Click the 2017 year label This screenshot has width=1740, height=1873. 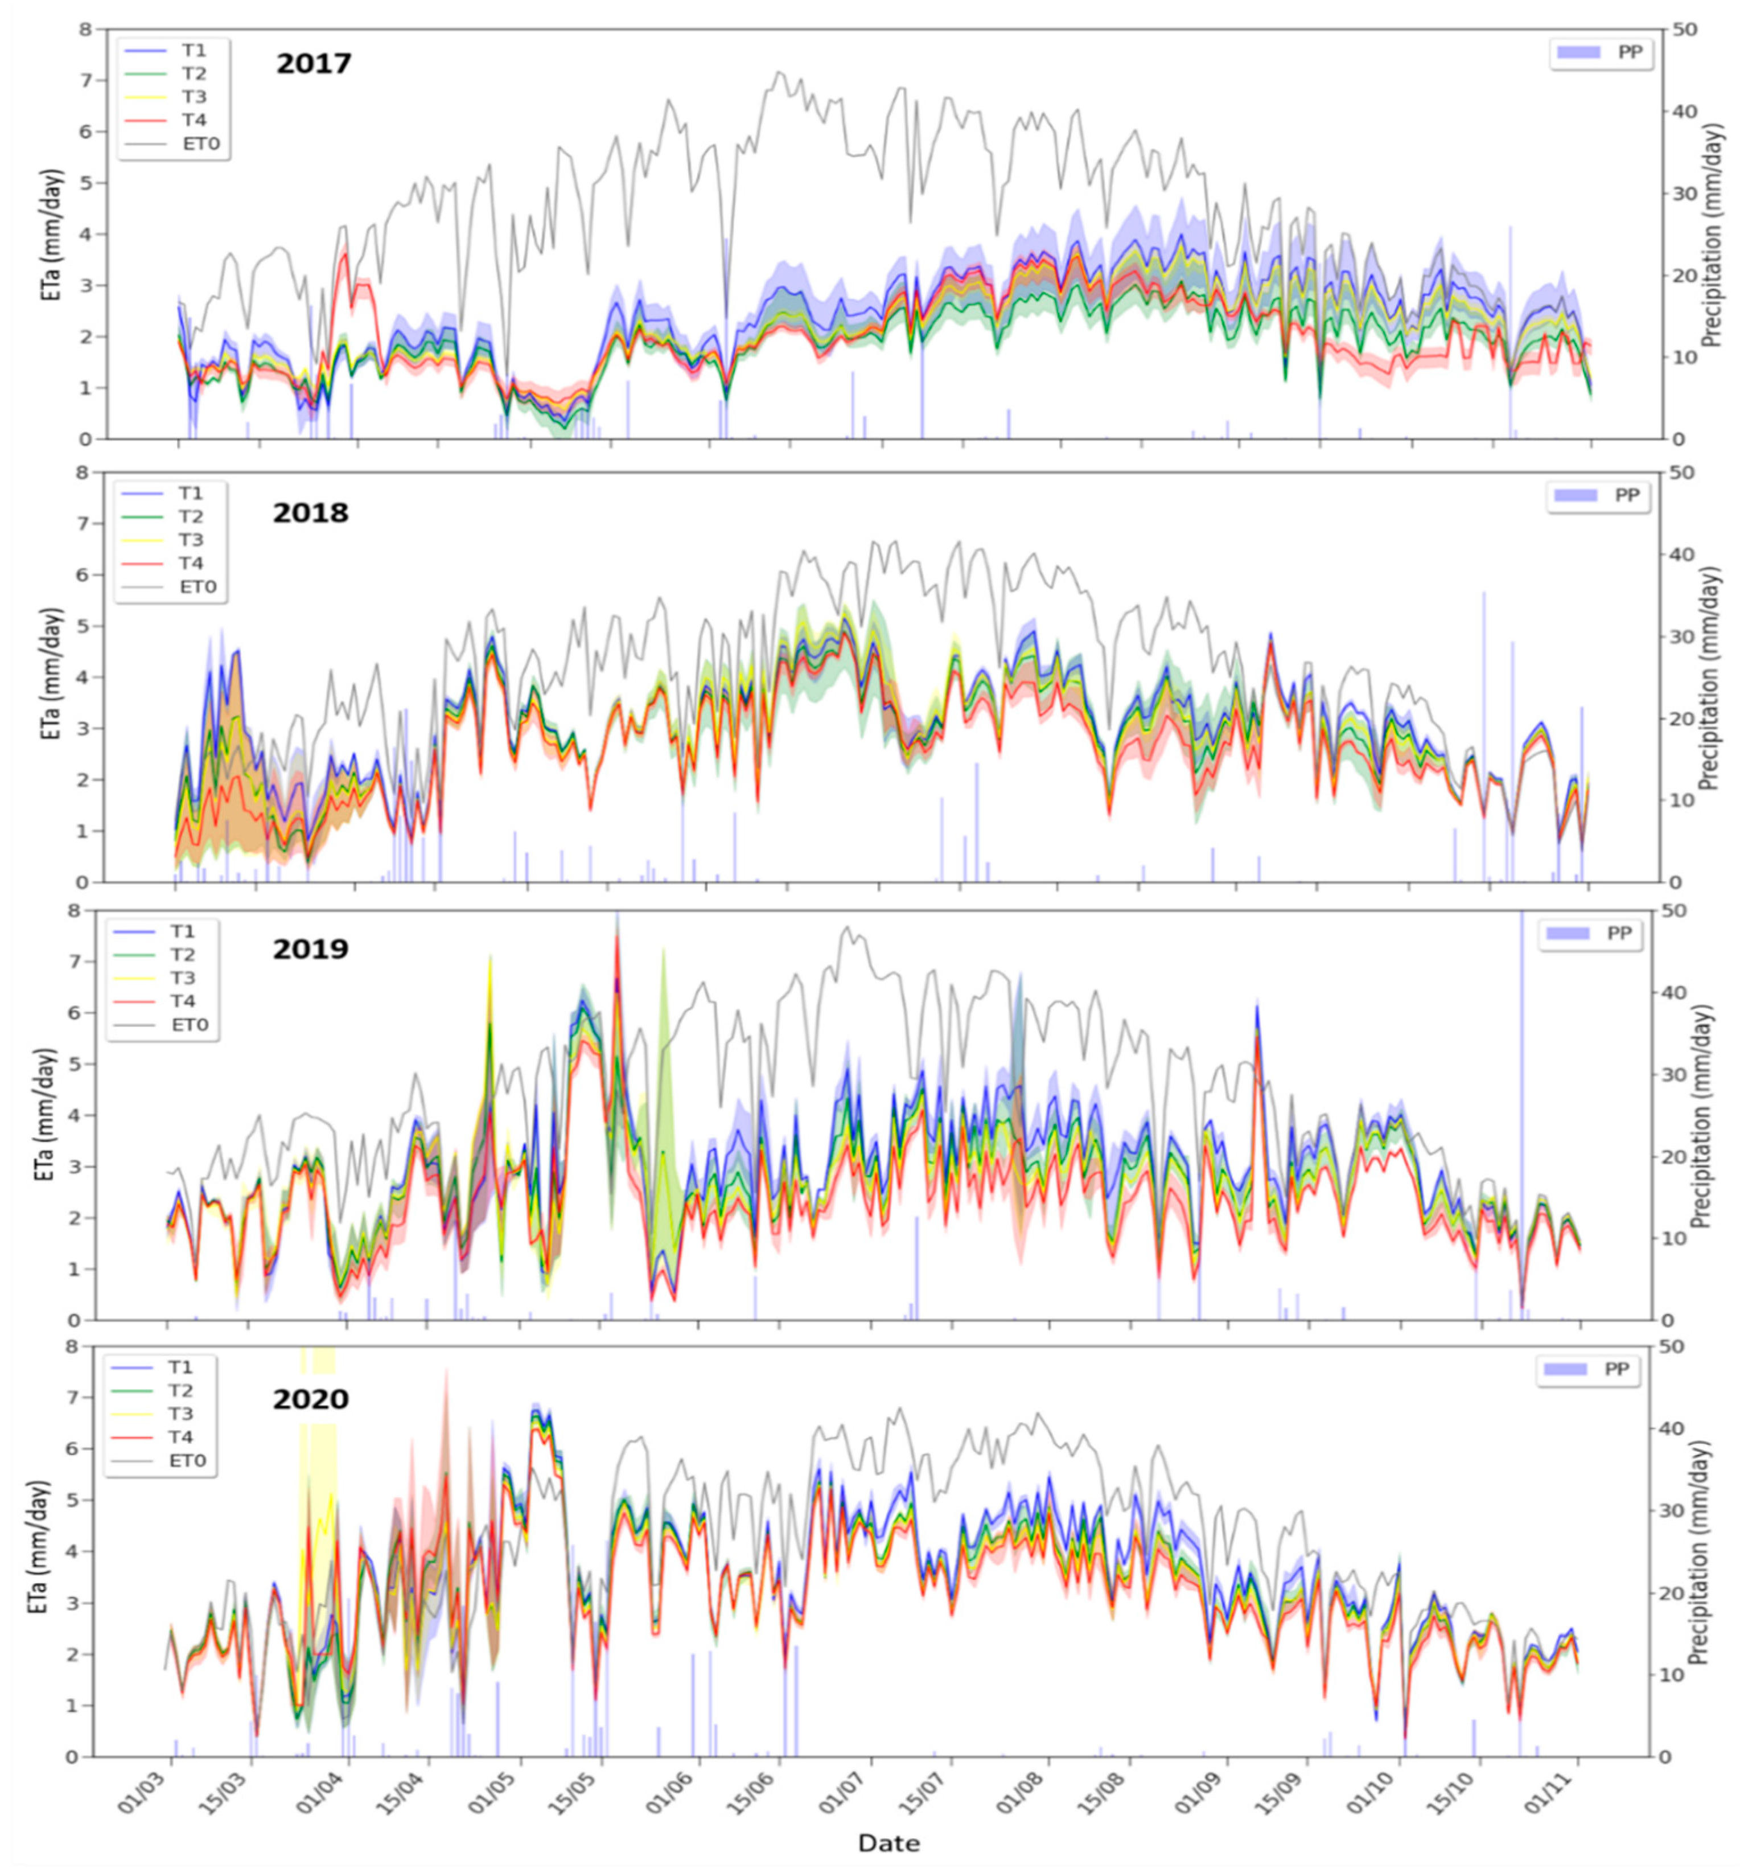314,64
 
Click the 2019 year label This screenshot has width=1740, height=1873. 311,948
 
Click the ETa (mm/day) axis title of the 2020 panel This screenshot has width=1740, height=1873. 39,1551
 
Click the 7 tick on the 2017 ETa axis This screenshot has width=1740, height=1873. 87,81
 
